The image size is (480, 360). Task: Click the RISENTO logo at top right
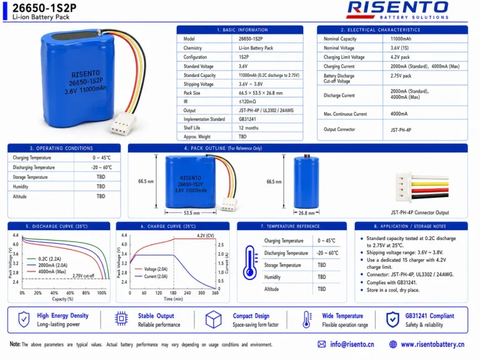(398, 11)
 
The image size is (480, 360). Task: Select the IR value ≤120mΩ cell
(247, 102)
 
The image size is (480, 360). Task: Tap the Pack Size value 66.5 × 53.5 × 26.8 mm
(261, 92)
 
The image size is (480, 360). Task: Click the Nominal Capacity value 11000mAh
(401, 39)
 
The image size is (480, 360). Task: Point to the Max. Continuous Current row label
(345, 114)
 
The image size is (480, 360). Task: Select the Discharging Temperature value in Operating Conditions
(102, 167)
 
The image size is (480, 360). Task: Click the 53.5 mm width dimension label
(192, 212)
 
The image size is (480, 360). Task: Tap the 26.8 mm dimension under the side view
(306, 213)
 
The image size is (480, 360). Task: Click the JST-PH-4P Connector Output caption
(420, 212)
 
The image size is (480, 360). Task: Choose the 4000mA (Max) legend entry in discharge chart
(46, 271)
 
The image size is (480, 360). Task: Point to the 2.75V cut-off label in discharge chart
(83, 276)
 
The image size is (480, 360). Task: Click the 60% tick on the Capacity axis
(70, 293)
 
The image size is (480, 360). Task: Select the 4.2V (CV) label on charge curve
(206, 236)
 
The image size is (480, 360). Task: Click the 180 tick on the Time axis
(173, 293)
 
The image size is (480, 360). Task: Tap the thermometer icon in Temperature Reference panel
(250, 262)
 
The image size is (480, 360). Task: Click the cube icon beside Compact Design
(213, 319)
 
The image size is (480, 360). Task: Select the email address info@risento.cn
(352, 344)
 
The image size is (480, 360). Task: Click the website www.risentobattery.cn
(432, 344)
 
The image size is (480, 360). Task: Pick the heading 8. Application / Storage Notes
(410, 226)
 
